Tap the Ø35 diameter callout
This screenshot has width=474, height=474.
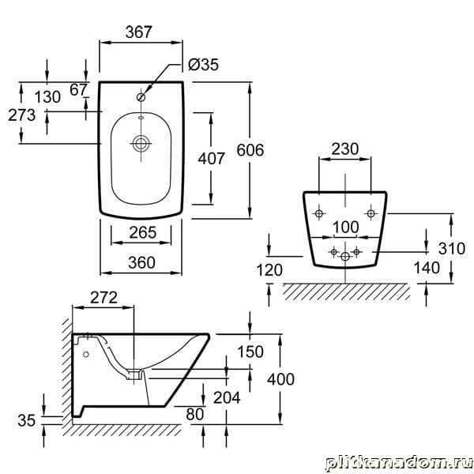(x=203, y=66)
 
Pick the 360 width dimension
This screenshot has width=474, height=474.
(x=141, y=262)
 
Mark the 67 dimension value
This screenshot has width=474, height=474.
(x=78, y=89)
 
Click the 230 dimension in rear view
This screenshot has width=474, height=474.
(x=344, y=149)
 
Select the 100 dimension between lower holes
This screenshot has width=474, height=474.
(x=344, y=228)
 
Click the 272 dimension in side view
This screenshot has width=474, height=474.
(x=103, y=297)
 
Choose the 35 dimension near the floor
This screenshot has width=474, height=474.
(x=27, y=421)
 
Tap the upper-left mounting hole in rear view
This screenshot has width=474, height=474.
(x=319, y=213)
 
